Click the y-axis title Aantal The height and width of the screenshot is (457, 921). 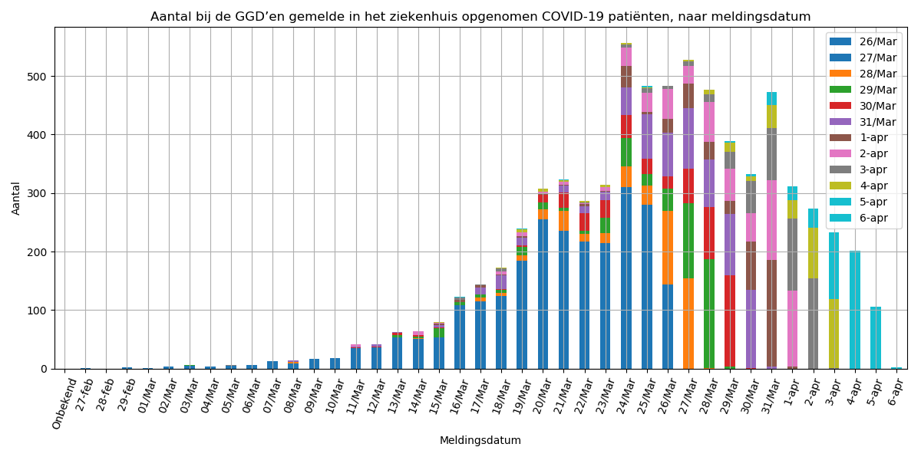(x=17, y=198)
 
